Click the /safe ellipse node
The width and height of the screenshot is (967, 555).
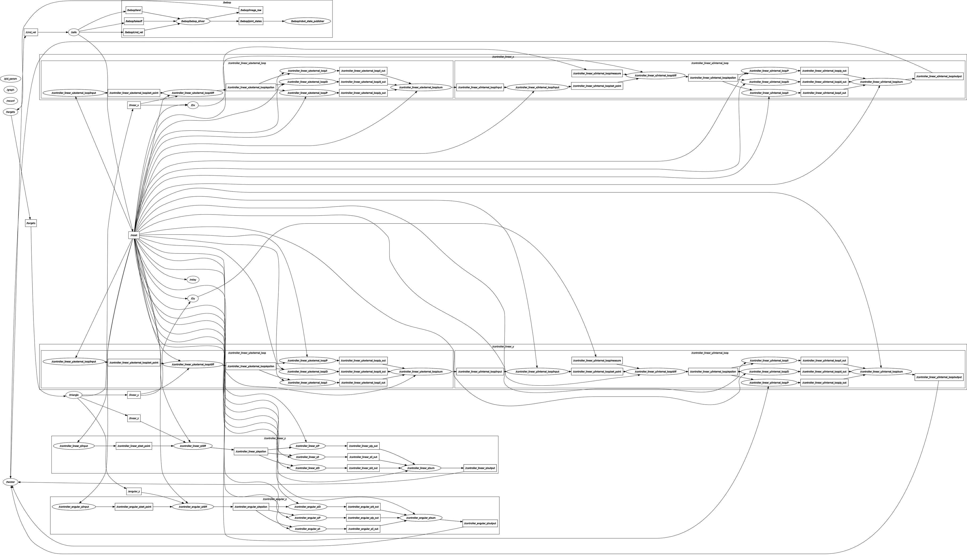tap(74, 32)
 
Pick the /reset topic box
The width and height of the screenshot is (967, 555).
tap(134, 235)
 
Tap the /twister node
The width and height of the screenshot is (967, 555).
tap(10, 482)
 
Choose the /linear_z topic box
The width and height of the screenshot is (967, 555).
tap(134, 418)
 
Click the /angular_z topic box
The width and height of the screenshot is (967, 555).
tap(134, 491)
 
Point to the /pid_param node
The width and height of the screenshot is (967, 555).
tap(10, 79)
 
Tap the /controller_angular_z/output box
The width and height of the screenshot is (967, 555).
tap(480, 523)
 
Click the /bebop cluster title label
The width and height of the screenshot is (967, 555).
tap(227, 3)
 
